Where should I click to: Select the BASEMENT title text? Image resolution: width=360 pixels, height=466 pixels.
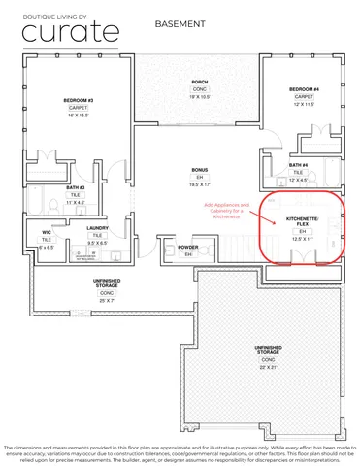coord(180,20)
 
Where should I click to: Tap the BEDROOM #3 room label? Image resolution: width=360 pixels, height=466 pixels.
coord(79,101)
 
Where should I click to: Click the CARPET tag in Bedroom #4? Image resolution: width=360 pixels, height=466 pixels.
coord(303,97)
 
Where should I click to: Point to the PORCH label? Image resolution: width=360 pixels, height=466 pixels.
coord(200,82)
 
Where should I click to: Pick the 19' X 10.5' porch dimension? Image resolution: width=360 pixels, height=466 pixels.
coord(200,97)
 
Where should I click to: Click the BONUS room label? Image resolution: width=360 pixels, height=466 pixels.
coord(199,169)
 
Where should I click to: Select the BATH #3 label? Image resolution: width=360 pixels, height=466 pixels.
coord(76,187)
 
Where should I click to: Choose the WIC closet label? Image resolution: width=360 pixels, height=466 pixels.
coord(47,233)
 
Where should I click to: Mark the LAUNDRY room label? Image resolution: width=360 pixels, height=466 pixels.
coord(97,228)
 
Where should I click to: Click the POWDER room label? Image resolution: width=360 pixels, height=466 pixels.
coord(189,247)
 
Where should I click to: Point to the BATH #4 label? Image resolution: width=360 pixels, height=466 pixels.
coord(299,165)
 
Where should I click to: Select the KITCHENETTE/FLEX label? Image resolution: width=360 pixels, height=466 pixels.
coord(302,223)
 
